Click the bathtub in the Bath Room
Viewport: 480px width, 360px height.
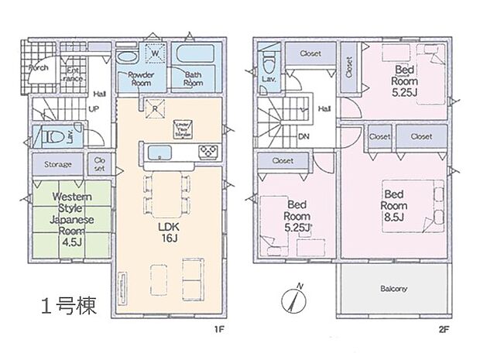click(194, 57)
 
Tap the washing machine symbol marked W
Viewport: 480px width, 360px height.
click(154, 53)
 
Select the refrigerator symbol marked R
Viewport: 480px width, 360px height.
click(155, 109)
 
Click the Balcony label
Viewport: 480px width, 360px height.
click(393, 289)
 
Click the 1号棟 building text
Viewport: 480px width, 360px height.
click(69, 307)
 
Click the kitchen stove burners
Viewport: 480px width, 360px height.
click(207, 150)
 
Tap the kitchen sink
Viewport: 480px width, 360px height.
click(159, 150)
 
